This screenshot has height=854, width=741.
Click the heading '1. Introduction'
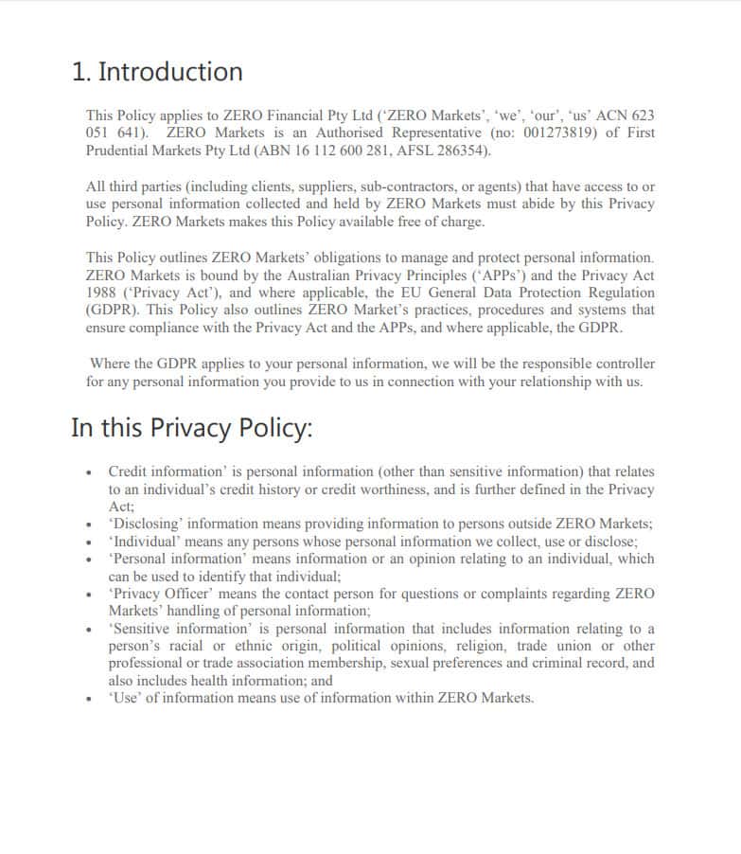coord(157,72)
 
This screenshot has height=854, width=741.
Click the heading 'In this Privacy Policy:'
coord(191,428)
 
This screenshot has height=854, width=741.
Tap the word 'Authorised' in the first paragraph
coord(349,133)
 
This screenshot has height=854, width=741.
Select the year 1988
coord(101,293)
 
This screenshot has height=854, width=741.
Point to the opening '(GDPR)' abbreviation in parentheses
coord(112,311)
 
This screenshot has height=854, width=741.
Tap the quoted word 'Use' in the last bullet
coord(124,698)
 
